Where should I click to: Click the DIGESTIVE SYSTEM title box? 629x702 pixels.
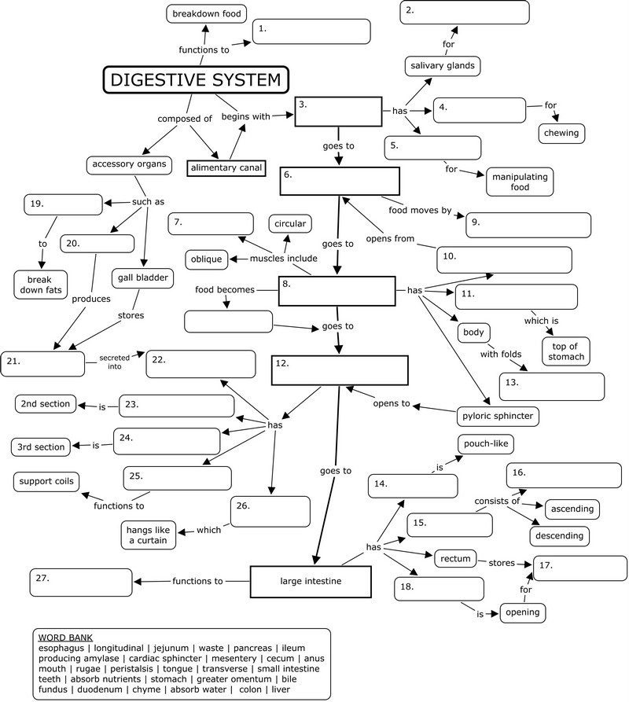[196, 79]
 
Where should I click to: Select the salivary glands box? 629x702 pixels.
[442, 66]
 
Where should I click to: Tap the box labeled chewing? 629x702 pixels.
[561, 133]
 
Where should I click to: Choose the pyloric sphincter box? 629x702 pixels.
[498, 415]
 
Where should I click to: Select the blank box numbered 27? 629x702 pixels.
[81, 583]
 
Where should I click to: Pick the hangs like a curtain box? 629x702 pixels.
[148, 535]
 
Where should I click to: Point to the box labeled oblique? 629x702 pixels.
[207, 259]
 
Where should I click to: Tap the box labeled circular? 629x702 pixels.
[289, 223]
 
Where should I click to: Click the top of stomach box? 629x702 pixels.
[565, 350]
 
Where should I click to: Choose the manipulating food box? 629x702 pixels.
[520, 181]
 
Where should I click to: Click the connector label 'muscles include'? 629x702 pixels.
[285, 259]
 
